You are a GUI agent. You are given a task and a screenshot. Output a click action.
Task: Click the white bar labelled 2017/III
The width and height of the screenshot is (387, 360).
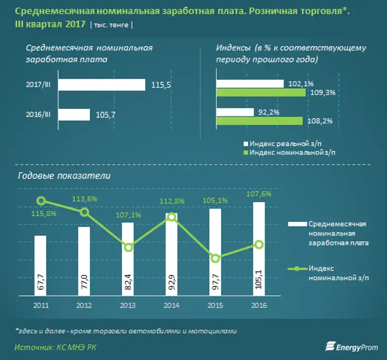tap(102, 85)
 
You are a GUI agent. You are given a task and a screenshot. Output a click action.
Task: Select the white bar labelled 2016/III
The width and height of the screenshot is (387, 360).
tap(74, 115)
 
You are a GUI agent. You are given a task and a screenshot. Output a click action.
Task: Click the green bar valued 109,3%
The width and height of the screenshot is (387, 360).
tap(261, 92)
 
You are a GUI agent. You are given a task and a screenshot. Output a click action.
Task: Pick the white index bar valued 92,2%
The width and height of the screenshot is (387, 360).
tap(235, 112)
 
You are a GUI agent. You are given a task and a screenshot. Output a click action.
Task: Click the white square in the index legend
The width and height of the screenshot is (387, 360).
tap(246, 144)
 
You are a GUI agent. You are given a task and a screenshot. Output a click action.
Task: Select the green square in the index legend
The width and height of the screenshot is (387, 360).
tap(246, 152)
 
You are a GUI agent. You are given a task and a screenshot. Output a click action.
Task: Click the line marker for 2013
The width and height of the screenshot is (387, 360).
tap(128, 247)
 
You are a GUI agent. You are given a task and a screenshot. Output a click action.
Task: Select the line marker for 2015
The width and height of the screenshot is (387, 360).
tap(215, 258)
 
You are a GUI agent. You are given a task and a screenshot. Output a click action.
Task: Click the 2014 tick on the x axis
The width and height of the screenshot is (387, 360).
tap(172, 305)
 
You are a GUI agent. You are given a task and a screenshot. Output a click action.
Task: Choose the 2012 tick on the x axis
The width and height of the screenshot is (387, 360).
tap(84, 305)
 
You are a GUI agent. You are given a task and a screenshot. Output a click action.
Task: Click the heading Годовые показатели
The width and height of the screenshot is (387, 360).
tap(64, 176)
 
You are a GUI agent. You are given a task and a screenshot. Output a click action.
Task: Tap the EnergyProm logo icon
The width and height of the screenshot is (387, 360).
tap(331, 345)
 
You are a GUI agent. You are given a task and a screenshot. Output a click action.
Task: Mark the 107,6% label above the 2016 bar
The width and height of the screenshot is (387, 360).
tap(259, 194)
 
